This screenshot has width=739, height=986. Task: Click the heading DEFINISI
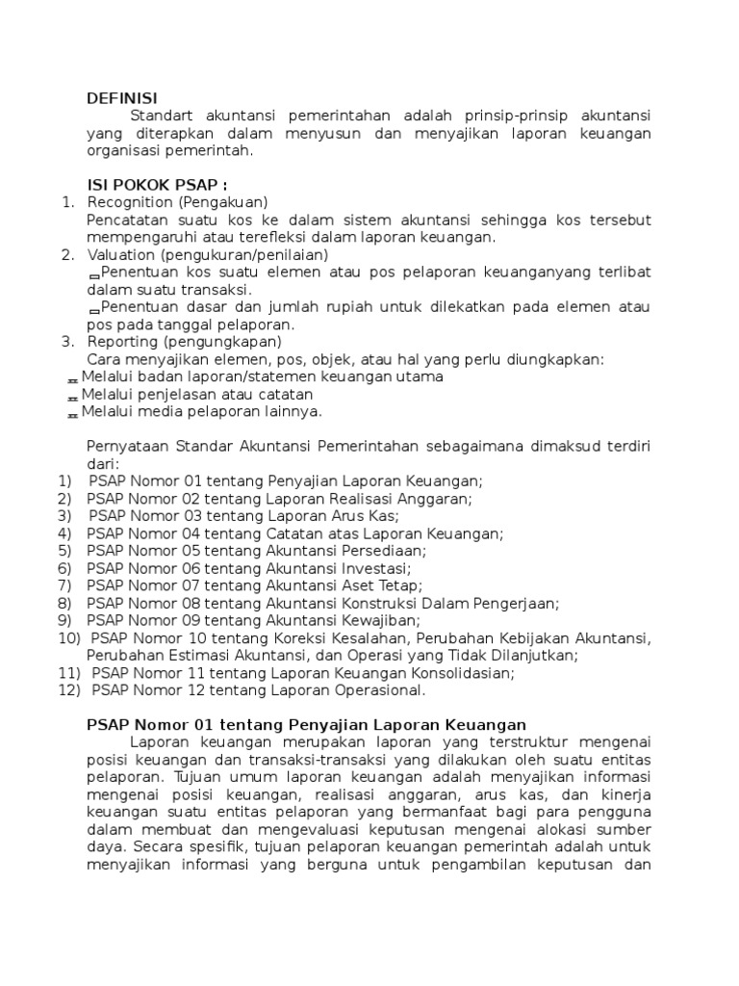tap(122, 97)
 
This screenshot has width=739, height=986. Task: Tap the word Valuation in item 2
tap(121, 254)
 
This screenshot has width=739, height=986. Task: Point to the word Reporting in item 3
tap(122, 342)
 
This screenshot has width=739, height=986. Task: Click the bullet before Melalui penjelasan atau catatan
tap(72, 396)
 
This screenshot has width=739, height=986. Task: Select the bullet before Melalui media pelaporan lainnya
tap(72, 413)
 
